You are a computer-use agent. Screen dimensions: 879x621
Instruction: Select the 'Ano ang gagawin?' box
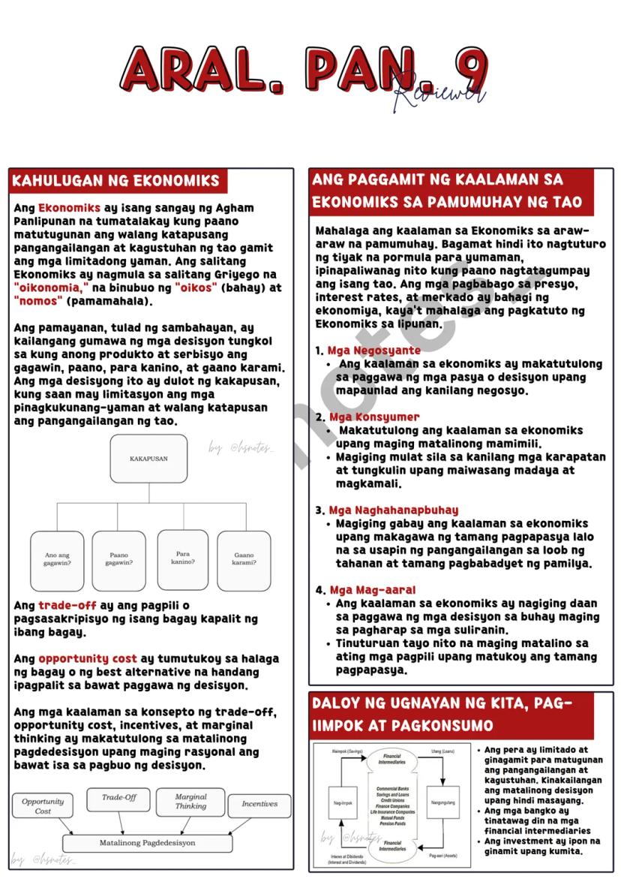click(x=57, y=560)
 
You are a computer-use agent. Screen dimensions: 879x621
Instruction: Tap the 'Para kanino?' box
click(x=183, y=558)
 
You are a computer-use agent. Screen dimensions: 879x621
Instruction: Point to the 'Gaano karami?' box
click(x=244, y=560)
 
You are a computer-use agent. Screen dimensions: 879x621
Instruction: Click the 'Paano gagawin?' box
click(x=119, y=560)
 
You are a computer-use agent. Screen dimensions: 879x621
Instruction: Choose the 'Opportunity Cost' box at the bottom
click(x=43, y=806)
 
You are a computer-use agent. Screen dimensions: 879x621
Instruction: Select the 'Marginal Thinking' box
click(x=190, y=802)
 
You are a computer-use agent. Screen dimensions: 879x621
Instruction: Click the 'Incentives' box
click(x=259, y=804)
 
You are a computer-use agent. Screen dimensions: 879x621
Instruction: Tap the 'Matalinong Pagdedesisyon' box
click(x=147, y=843)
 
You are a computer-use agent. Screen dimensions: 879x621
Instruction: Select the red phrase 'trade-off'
click(x=67, y=606)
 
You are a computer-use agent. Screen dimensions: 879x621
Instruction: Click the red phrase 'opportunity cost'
click(x=88, y=659)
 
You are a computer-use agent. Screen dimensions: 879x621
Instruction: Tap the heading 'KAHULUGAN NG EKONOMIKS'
click(x=116, y=181)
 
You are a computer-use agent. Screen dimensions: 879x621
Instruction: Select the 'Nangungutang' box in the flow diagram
click(x=442, y=803)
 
